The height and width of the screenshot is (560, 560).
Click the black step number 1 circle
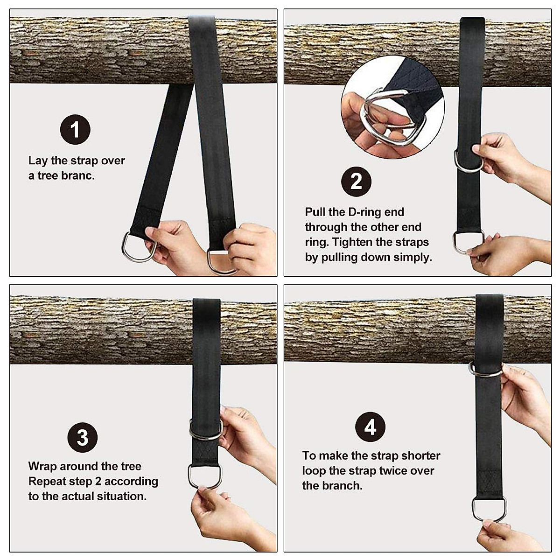coord(75,129)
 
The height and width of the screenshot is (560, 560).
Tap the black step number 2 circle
coord(356,181)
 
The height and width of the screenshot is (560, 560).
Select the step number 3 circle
coord(83,438)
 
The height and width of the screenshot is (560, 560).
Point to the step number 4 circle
coord(370,427)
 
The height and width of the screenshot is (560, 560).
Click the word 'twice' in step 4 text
coord(395,470)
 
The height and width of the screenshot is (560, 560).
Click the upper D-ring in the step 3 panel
coord(205,430)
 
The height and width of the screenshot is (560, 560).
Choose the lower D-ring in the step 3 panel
coord(204,476)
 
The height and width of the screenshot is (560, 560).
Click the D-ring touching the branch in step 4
coord(486,370)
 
